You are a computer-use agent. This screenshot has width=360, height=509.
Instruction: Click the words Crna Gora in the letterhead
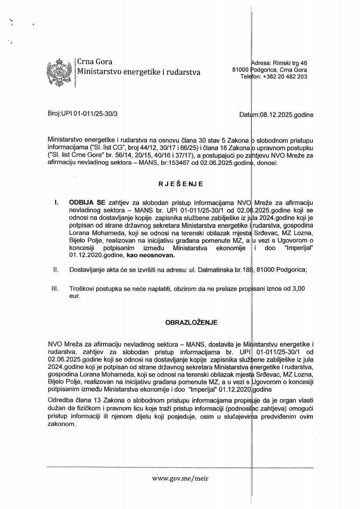click(95, 62)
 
